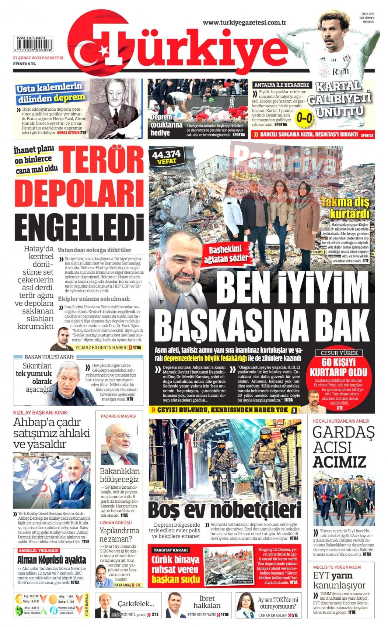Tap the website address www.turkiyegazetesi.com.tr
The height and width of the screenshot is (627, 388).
coord(245,22)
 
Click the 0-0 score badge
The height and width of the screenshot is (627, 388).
coord(305,118)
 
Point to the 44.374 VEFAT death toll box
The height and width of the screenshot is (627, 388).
coord(166,157)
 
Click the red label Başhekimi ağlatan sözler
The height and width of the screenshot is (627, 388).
coord(228,253)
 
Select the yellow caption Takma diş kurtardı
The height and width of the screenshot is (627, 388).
coord(345,208)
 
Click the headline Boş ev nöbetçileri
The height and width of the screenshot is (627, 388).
coord(225,510)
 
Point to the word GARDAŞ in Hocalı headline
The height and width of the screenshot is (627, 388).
coord(343,432)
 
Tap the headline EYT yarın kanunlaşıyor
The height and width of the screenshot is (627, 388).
coord(339,580)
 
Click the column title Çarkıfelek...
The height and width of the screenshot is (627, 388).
coord(136,603)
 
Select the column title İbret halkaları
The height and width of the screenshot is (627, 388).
coord(207,602)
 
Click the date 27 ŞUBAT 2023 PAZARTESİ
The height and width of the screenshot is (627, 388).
coord(38,58)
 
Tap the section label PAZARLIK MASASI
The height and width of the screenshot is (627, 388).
coord(118,416)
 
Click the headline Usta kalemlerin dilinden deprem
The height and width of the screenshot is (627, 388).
coord(50,93)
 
